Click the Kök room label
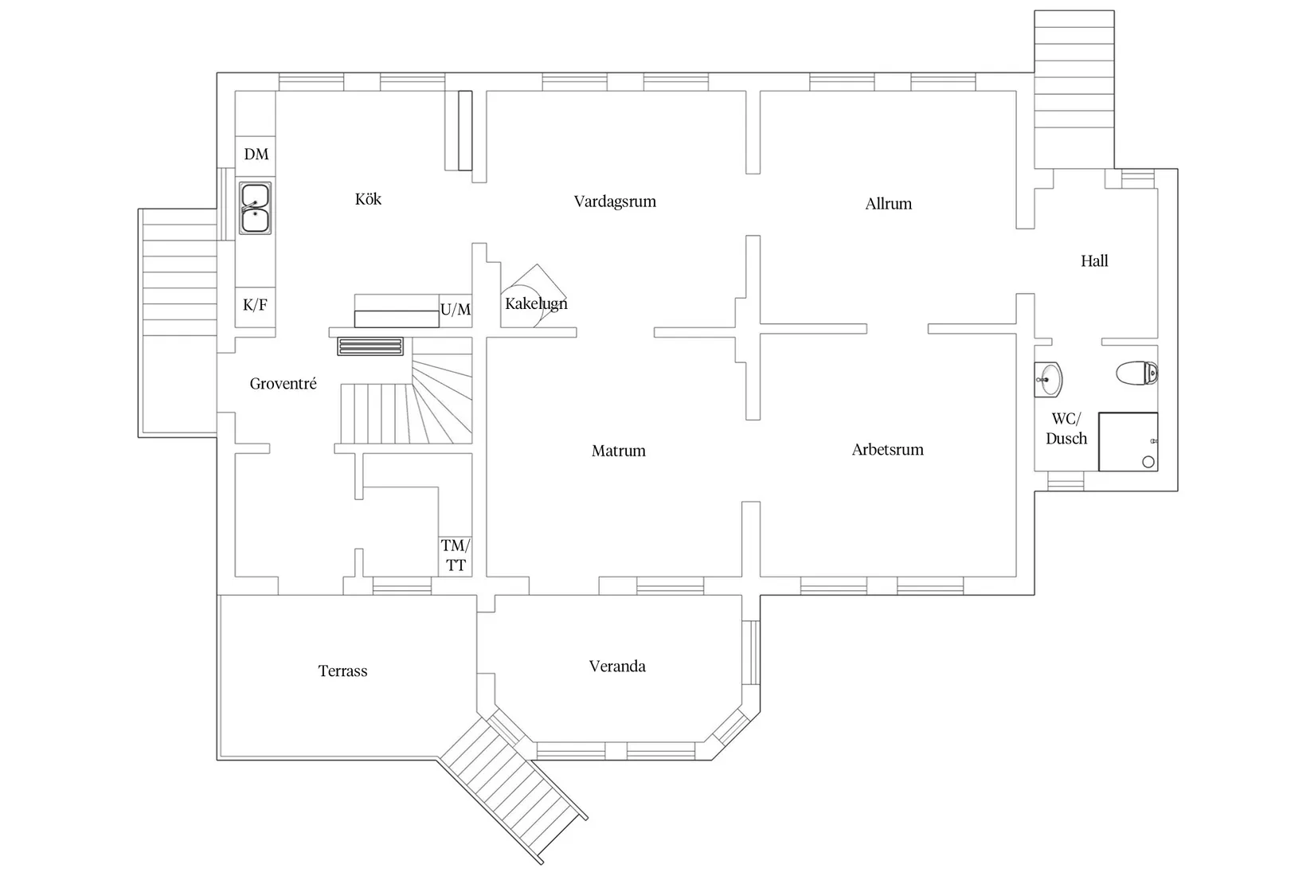pos(368,199)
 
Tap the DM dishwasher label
pos(256,154)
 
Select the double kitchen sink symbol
pos(256,209)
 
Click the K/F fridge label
pos(255,305)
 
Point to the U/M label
pos(456,310)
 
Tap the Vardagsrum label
pos(615,201)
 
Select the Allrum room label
pos(888,204)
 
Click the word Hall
pos(1094,261)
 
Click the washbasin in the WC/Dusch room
pos(1049,380)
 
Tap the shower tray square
pos(1128,441)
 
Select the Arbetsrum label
pos(887,450)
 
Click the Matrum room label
pos(618,452)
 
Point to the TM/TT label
pos(456,556)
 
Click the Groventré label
pos(283,384)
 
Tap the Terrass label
pos(342,671)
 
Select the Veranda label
pos(617,667)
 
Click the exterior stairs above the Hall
pos(1073,88)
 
